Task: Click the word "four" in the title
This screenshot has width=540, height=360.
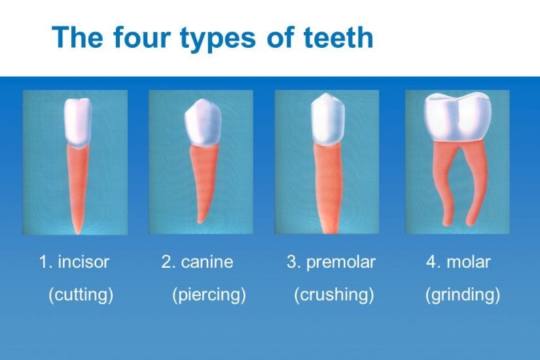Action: click(141, 37)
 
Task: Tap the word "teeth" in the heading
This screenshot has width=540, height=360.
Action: click(338, 37)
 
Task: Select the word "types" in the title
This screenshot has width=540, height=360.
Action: click(218, 40)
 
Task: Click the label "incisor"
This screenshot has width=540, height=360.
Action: click(83, 262)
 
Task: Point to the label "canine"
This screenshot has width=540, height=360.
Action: click(207, 262)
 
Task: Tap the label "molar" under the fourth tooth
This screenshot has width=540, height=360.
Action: click(469, 262)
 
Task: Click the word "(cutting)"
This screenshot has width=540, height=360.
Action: click(81, 295)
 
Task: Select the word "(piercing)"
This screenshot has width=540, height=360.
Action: click(209, 295)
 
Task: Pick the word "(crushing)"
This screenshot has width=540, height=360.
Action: click(334, 295)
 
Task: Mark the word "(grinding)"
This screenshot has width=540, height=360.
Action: click(463, 295)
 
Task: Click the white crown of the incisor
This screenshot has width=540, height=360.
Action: click(78, 122)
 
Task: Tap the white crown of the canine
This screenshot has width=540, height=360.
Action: click(203, 122)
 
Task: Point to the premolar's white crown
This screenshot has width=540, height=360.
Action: click(327, 119)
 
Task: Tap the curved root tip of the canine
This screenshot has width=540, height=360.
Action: click(200, 221)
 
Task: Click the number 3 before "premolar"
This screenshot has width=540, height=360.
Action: click(291, 262)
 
